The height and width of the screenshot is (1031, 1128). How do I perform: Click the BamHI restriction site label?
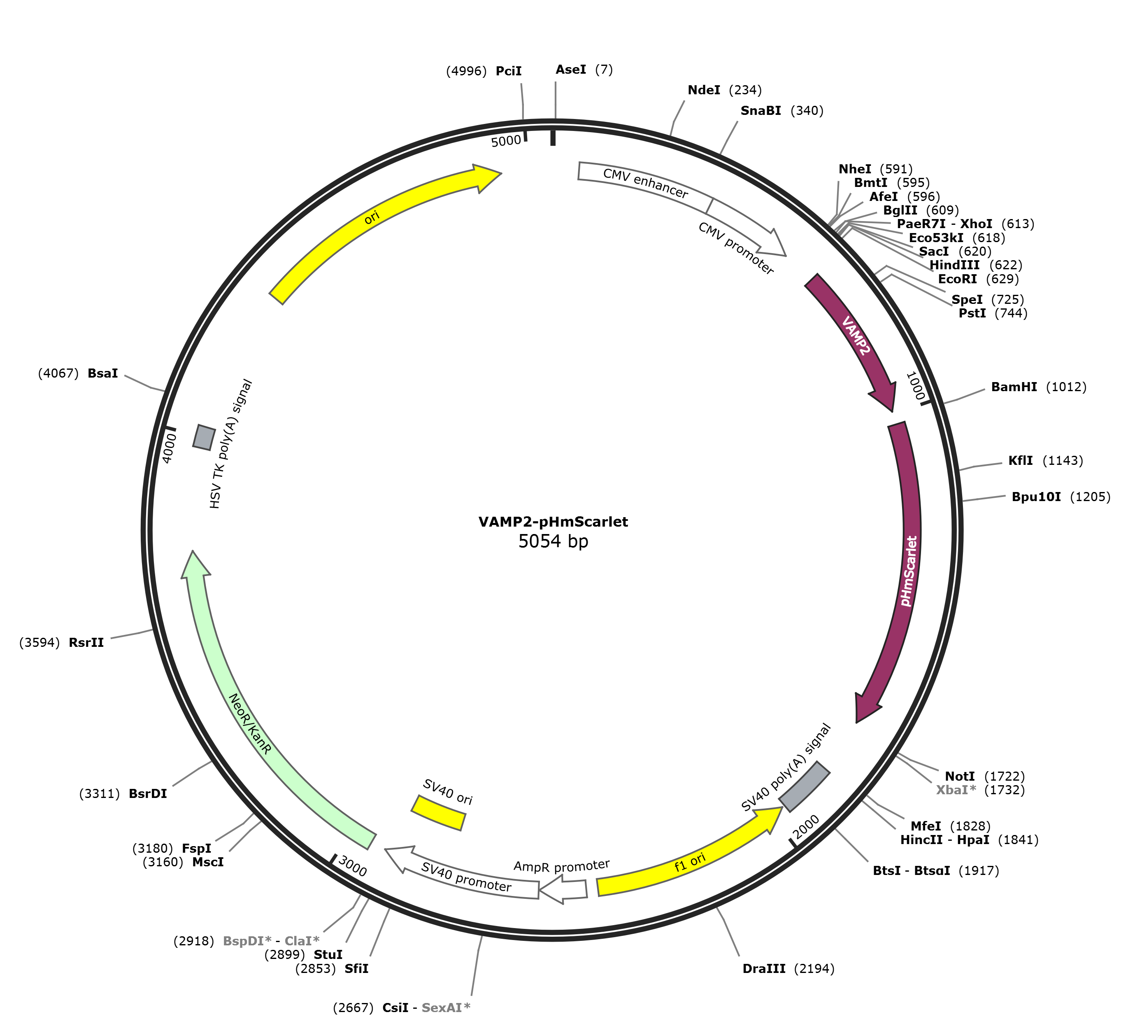coord(1014,387)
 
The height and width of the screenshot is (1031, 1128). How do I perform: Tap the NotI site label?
coord(960,776)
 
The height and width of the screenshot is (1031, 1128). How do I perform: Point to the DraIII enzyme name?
coord(764,969)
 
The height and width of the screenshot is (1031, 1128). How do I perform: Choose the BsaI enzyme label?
coord(103,373)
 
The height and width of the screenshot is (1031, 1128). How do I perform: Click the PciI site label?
coord(509,71)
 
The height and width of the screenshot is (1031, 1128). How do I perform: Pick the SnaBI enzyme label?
coord(761,111)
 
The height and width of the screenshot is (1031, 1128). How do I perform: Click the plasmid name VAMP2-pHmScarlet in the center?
coord(554,522)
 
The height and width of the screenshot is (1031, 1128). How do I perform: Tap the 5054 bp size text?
coord(554,541)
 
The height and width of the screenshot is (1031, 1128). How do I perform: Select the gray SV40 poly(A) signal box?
coord(805,786)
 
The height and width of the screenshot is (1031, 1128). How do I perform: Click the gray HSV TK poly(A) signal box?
coord(204,436)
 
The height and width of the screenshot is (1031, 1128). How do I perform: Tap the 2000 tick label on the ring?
coord(807,827)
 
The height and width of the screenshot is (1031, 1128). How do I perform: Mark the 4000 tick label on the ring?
coord(169,448)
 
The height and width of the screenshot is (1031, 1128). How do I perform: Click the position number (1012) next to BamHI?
coord(1066,387)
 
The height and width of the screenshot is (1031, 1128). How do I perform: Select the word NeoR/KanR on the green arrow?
coord(250,724)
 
